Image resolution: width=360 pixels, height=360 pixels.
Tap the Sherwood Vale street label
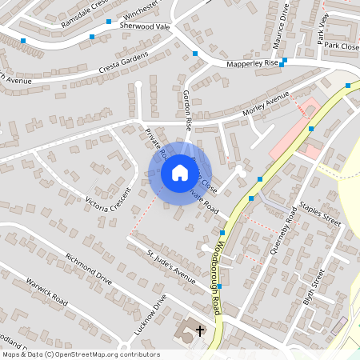(145, 26)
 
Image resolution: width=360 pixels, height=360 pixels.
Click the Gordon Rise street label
(188, 110)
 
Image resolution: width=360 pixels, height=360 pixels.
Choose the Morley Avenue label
(266, 104)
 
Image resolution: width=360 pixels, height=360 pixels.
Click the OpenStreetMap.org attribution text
(107, 354)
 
